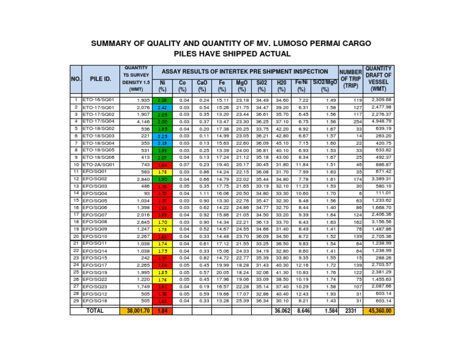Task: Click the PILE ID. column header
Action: point(101,78)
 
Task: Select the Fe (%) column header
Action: point(222,85)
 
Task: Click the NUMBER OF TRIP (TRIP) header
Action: point(351,78)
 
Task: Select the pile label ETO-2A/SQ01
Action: point(100,164)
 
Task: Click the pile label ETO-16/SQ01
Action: point(100,99)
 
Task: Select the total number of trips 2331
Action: point(351,311)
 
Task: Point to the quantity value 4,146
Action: point(143,121)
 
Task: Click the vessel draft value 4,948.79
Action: point(380,121)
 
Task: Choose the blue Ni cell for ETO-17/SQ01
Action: point(162,107)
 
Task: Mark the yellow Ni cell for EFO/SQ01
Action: point(162,172)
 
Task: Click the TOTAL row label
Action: point(96,311)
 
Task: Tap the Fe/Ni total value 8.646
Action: point(302,311)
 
